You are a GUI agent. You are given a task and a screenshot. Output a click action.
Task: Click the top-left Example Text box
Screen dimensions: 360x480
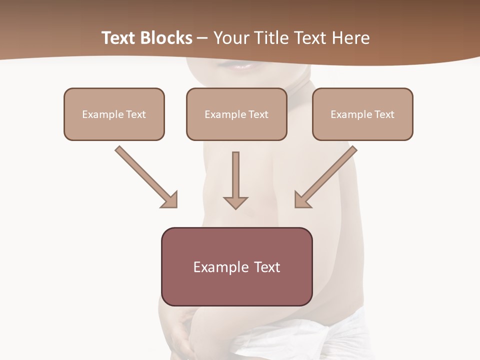point(114,114)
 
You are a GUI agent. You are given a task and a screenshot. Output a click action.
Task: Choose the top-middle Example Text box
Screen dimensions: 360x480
point(236,114)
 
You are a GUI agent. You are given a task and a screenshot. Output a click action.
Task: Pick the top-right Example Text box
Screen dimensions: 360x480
point(362,114)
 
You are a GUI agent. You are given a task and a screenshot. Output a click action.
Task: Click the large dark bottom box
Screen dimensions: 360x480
point(236,266)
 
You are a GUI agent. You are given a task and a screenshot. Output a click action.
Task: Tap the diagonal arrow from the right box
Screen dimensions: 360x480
point(327,175)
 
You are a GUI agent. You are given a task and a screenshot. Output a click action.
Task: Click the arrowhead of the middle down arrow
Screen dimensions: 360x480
point(235,202)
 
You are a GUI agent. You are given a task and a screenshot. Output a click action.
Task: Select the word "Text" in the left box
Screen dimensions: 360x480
point(136,114)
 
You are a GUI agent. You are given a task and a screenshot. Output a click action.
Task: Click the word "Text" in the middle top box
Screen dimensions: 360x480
point(258,114)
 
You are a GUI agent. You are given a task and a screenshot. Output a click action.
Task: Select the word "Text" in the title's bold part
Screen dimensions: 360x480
point(118,38)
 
